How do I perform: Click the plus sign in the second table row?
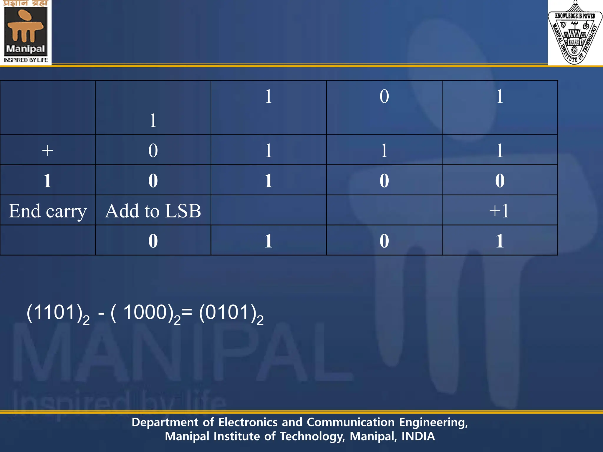(47, 150)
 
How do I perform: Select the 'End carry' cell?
(47, 211)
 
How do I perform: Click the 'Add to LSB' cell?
(153, 211)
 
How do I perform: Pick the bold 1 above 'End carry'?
(47, 180)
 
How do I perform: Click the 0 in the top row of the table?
(384, 96)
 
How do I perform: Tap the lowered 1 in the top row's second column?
(153, 120)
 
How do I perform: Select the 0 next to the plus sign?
(153, 150)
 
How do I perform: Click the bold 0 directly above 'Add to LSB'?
(153, 180)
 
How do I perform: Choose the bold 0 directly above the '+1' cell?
(500, 180)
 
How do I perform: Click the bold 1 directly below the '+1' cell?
(500, 241)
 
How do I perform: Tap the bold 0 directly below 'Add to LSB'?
(153, 241)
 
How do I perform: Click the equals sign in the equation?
(187, 312)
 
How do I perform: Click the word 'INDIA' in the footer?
(418, 436)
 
